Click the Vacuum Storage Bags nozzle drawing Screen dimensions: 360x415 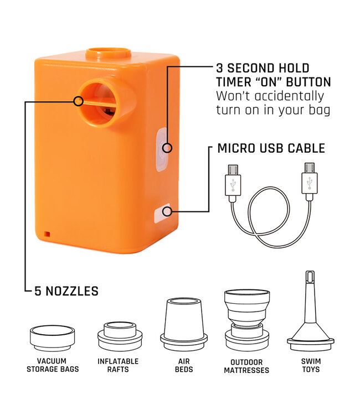pos(52,338)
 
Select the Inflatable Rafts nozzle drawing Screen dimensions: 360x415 pos(120,336)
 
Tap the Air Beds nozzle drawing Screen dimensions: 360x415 pos(183,325)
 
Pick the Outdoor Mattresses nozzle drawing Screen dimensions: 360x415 pos(247,320)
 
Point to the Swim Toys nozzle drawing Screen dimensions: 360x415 pos(311,311)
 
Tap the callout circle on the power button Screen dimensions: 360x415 pos(167,148)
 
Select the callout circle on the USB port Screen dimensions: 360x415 pos(167,211)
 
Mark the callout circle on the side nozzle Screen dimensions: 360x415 pos(79,101)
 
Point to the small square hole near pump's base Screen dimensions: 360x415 pos(47,234)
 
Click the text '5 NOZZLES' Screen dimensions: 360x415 pos(66,291)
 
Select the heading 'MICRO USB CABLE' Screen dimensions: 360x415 pos(271,148)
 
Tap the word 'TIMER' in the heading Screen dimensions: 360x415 pos(234,82)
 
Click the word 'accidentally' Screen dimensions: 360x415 pos(289,96)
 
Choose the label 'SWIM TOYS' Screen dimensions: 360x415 pos(311,365)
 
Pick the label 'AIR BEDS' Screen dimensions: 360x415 pos(184,365)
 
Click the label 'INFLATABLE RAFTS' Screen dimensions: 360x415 pos(118,365)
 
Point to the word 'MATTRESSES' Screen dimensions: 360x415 pos(246,370)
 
